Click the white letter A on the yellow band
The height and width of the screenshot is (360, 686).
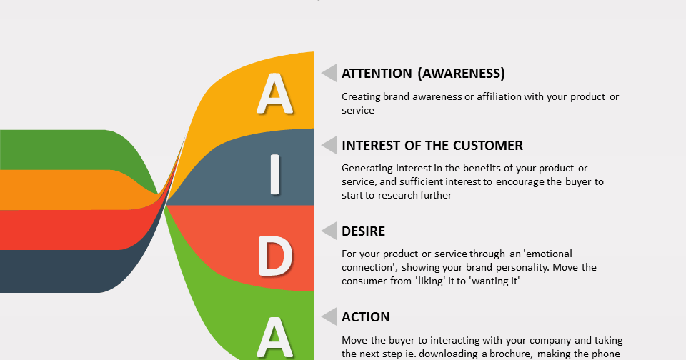point(274,94)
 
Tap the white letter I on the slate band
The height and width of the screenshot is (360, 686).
point(274,174)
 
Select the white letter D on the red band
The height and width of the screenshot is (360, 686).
point(274,256)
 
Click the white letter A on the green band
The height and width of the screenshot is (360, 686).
point(274,338)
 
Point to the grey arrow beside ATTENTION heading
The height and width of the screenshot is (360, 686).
point(329,73)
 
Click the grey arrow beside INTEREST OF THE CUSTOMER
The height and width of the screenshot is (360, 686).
point(329,145)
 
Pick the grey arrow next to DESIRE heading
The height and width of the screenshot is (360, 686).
point(329,231)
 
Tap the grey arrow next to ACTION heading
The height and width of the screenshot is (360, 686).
point(329,316)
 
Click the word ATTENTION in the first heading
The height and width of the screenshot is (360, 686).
point(377,73)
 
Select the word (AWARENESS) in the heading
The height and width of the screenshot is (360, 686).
point(462,73)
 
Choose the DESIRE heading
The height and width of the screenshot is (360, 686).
point(363,231)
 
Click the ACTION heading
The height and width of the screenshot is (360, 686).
point(366,316)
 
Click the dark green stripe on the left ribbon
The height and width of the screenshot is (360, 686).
point(66,149)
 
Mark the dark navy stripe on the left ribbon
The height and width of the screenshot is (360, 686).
point(66,271)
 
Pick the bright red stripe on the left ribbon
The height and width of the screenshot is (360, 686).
point(66,230)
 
